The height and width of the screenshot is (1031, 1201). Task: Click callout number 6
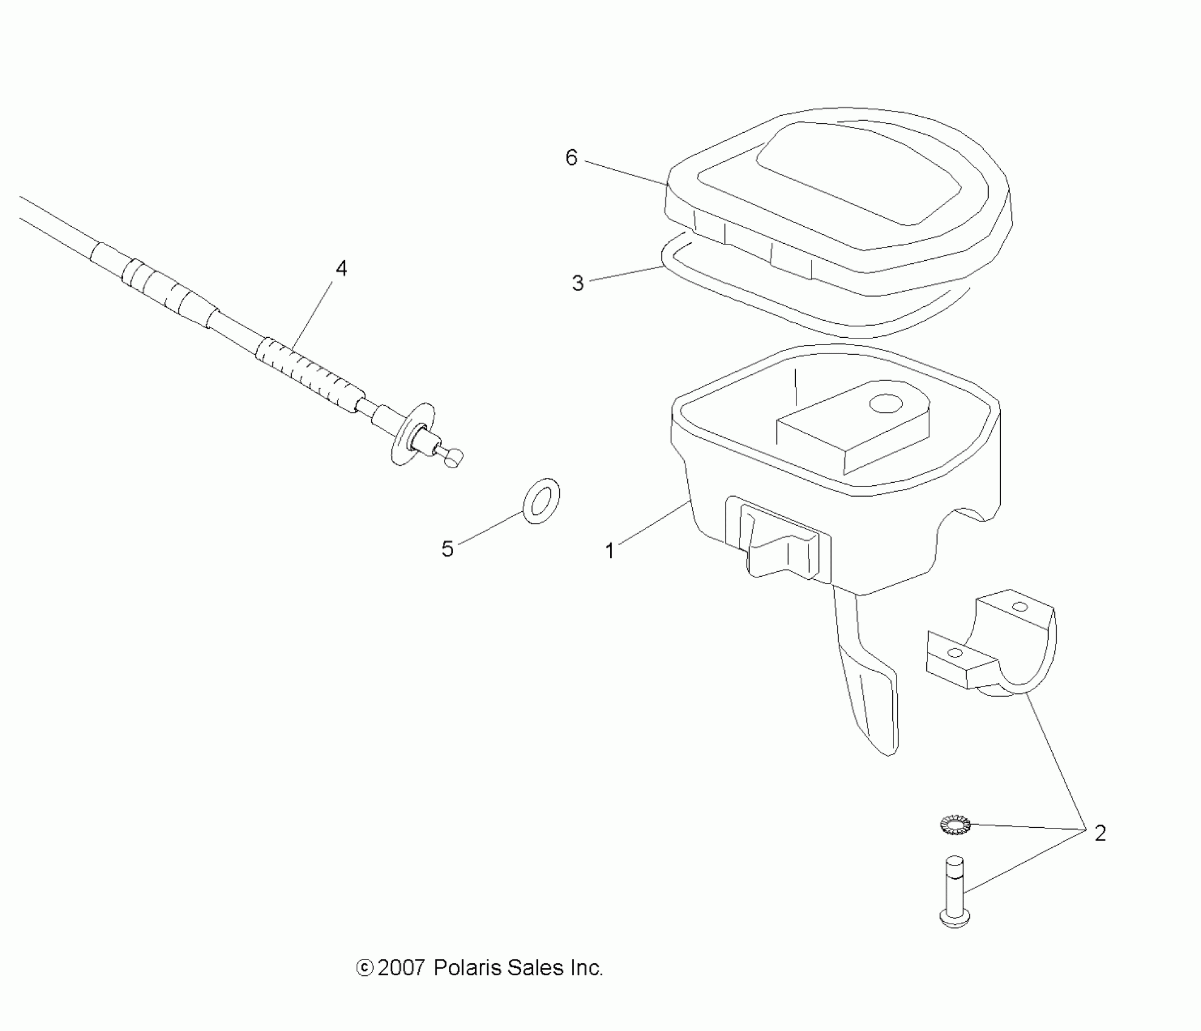pos(571,158)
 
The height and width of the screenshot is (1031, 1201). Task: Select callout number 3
pos(577,283)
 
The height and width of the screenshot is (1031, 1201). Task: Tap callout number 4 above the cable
pos(341,269)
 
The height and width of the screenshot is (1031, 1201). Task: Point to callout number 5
pos(448,549)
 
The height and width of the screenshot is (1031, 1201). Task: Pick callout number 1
pos(610,551)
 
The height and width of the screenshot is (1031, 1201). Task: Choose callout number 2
pos(1100,833)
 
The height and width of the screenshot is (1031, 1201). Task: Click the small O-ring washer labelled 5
pos(541,501)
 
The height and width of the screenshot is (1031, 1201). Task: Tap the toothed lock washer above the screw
pos(955,825)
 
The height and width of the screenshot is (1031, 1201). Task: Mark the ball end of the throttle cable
pos(453,457)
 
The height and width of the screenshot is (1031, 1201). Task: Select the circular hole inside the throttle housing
pos(886,403)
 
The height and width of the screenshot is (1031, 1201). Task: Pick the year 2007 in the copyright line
pos(401,968)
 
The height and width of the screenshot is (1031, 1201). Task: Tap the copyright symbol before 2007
pos(364,969)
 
